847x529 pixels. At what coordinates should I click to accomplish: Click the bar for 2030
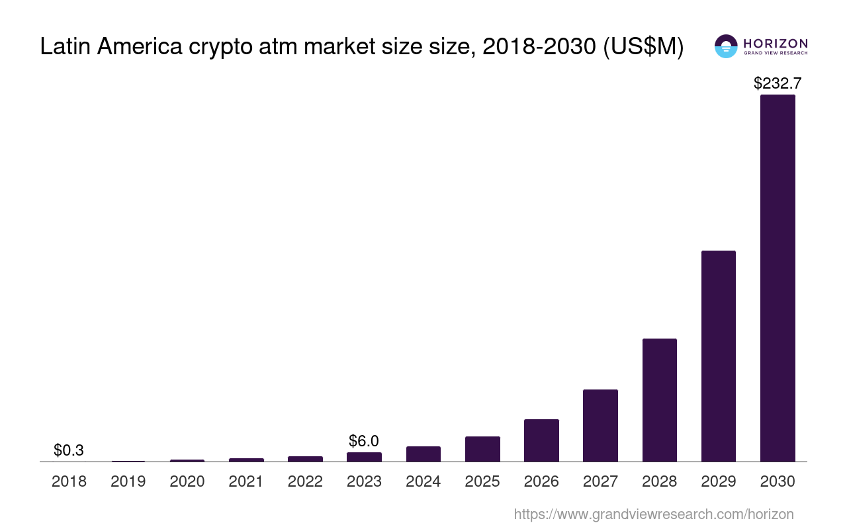[x=778, y=278]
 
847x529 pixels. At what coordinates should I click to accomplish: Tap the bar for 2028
[x=659, y=400]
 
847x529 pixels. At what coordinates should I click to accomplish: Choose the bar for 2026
[x=541, y=440]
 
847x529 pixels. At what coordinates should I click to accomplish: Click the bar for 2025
[x=482, y=449]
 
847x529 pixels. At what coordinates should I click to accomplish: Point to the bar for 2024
[x=423, y=454]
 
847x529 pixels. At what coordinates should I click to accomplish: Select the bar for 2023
[x=364, y=457]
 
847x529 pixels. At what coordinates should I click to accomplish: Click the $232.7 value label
[x=778, y=83]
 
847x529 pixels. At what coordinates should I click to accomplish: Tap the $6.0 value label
[x=364, y=441]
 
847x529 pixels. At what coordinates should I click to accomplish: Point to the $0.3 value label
[x=69, y=450]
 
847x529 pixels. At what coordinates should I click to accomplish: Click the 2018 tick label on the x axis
[x=69, y=481]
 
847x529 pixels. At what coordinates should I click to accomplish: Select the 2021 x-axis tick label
[x=246, y=481]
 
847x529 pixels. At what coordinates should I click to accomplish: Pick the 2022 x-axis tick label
[x=305, y=481]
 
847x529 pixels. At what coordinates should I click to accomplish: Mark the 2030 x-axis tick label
[x=778, y=481]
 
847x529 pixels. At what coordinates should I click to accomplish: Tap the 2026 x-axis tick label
[x=541, y=481]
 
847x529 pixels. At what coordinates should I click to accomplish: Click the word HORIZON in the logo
[x=776, y=43]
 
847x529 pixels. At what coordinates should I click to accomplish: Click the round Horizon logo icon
[x=726, y=46]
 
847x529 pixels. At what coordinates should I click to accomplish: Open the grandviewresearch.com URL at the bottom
[x=653, y=514]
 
